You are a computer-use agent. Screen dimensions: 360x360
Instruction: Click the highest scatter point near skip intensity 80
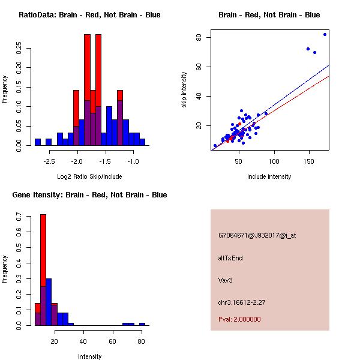tap(325, 34)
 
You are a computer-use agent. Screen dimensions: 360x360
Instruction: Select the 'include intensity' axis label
tap(269, 176)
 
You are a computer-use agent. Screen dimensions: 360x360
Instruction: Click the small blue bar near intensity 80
tap(142, 324)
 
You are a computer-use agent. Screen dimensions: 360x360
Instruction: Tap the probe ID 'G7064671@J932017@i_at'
tap(257, 235)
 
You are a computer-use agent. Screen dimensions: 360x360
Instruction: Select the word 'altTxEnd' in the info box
tap(230, 258)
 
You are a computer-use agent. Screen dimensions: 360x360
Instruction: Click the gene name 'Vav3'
tap(225, 280)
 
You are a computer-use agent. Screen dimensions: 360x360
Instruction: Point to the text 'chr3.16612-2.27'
tap(241, 302)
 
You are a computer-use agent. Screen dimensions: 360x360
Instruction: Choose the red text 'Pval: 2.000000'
tap(239, 319)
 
